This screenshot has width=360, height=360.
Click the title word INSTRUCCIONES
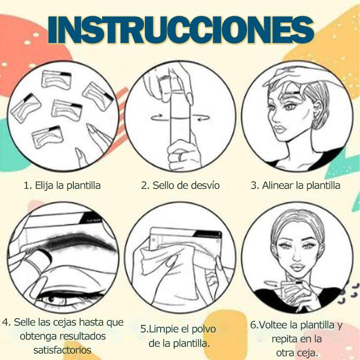click(x=181, y=30)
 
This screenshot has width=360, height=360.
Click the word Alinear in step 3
click(x=278, y=185)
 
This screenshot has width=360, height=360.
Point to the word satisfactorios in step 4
click(x=62, y=350)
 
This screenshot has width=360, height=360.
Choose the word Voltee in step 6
click(x=274, y=324)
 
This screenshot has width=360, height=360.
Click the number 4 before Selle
click(x=6, y=322)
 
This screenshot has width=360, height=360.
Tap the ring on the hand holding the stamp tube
click(x=181, y=157)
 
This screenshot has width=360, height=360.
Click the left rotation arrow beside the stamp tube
click(x=157, y=117)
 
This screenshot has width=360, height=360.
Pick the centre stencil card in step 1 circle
click(x=67, y=110)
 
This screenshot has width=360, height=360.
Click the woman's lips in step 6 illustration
click(x=297, y=267)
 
